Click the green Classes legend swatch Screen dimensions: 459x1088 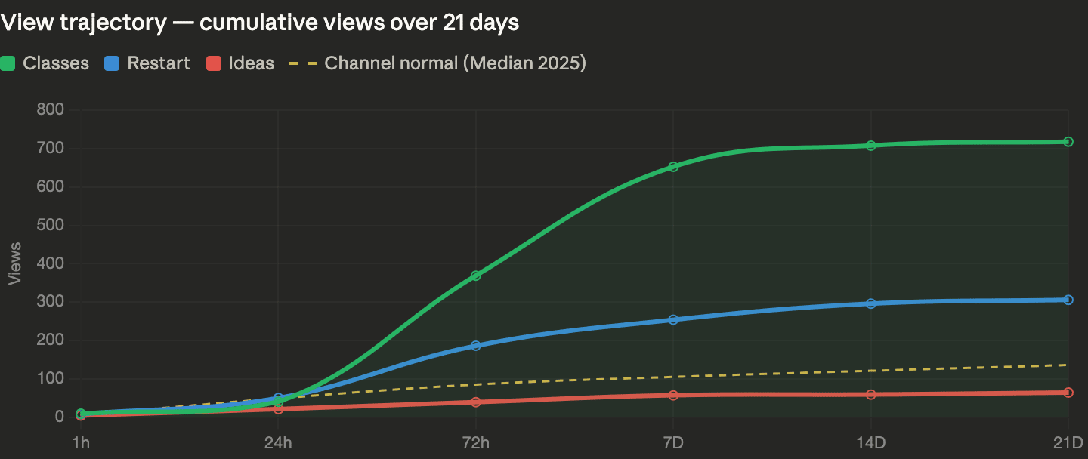8,63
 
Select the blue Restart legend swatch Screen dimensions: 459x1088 112,63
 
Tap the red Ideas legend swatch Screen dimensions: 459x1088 213,63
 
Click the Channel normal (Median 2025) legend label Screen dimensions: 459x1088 455,63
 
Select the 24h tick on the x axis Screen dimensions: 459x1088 278,442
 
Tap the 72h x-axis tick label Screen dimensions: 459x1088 476,442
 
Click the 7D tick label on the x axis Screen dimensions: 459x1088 673,442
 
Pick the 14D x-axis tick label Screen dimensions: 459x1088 871,442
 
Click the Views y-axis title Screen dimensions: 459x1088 14,263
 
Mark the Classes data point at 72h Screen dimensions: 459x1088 476,276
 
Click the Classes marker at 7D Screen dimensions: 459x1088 673,166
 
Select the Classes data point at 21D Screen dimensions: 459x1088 1068,141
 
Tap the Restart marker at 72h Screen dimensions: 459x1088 476,346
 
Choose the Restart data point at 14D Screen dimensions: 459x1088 871,303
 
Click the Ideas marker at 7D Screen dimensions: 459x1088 673,395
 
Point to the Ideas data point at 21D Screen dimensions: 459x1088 1068,393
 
